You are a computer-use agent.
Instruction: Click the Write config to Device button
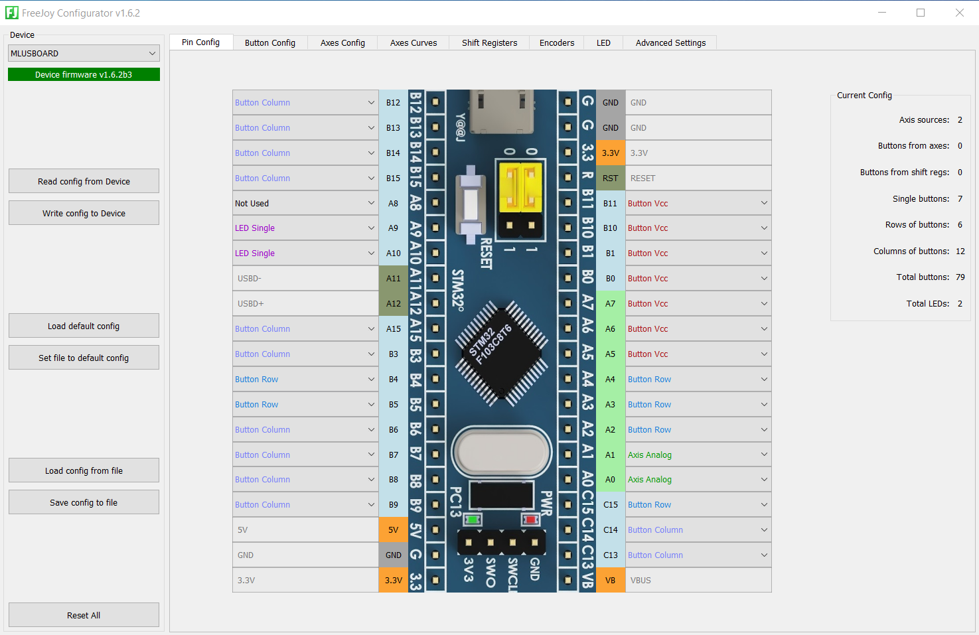84,213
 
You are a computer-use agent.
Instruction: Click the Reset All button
84,615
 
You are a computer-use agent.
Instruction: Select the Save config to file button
84,502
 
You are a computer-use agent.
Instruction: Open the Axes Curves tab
414,42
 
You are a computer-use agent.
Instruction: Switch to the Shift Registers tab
489,42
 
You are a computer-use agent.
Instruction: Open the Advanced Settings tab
670,42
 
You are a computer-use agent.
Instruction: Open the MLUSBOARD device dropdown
84,53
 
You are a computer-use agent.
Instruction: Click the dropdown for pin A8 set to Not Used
305,203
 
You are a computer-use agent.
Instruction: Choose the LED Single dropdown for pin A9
305,228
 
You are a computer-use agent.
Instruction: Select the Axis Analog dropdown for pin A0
698,479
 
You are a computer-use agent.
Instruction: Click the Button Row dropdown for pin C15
698,504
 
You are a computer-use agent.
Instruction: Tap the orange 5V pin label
394,529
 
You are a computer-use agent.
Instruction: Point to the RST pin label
611,178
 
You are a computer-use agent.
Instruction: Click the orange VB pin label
611,580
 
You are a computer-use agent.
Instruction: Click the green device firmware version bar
84,74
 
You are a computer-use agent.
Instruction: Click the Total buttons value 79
960,277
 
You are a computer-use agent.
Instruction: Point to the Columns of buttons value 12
960,251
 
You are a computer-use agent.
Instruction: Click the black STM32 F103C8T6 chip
501,352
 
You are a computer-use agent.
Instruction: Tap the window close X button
960,13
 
